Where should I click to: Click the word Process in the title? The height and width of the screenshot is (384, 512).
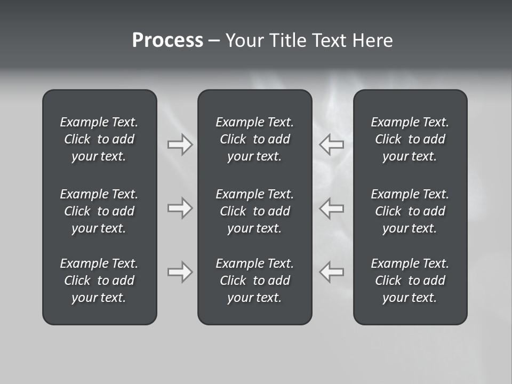[167, 41]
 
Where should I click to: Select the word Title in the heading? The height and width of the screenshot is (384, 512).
[288, 41]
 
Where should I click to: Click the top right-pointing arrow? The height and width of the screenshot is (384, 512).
[180, 145]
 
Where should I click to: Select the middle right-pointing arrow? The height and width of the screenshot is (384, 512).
[180, 208]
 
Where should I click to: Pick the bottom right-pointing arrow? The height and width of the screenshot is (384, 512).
[180, 272]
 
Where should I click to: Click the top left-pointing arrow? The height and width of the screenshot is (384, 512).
[332, 145]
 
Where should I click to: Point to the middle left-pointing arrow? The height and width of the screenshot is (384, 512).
[332, 208]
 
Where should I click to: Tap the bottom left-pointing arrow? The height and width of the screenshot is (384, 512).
[332, 272]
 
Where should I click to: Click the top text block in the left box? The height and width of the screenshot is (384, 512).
[99, 139]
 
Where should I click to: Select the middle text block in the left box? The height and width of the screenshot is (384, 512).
[99, 211]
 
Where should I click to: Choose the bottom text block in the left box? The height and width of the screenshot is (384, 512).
[99, 281]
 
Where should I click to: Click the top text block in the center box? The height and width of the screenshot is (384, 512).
[255, 139]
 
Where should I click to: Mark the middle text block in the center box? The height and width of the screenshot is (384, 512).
[255, 211]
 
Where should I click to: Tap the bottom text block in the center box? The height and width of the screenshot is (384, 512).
[255, 281]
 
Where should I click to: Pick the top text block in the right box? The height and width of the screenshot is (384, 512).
[410, 139]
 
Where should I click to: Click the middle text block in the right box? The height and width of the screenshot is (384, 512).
[410, 211]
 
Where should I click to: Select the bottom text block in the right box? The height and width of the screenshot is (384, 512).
[410, 281]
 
